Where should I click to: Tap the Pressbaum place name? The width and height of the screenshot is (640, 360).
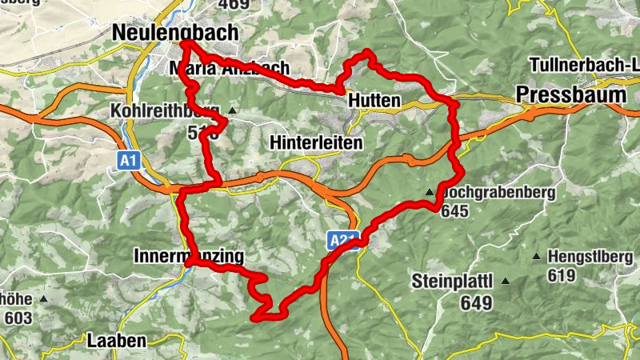[570, 94]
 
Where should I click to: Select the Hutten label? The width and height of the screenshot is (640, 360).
[374, 102]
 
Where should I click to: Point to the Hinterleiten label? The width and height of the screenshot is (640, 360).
[316, 142]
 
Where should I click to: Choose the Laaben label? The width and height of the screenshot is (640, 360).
[118, 340]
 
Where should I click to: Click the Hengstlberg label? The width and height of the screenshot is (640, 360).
[592, 258]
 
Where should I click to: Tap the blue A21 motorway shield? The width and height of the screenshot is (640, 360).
[341, 239]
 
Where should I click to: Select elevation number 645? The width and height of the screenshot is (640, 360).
[453, 211]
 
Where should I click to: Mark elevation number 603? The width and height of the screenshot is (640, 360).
[17, 318]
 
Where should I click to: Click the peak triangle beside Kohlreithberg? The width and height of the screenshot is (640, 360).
[232, 110]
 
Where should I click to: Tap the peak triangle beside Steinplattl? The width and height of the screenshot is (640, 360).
[505, 281]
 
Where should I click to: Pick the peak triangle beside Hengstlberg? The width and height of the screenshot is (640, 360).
[536, 257]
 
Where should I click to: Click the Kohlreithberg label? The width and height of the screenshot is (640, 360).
[165, 110]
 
